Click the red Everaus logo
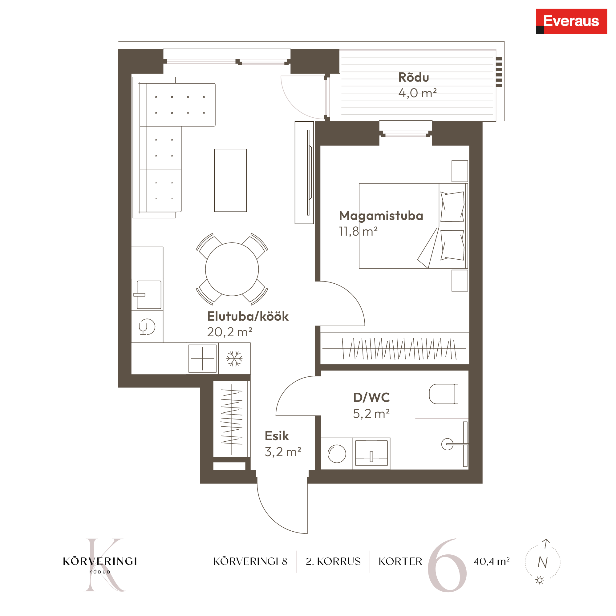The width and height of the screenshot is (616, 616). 571,21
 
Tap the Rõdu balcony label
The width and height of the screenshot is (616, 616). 414,78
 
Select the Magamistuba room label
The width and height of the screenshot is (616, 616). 381,216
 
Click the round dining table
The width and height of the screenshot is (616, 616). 232,269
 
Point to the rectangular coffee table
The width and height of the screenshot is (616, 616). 230,180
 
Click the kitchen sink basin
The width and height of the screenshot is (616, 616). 149,295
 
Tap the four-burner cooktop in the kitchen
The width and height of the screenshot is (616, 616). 202,359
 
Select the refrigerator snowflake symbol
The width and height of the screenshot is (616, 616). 234,359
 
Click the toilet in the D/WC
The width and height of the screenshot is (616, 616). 443,394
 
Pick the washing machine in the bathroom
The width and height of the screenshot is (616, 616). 337,453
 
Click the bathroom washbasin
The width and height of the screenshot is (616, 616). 371,453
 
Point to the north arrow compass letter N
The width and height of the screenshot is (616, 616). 543,562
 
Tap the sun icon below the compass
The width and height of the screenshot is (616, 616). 540,580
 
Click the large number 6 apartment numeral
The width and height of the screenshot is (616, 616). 447,565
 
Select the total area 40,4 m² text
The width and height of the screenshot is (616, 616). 492,561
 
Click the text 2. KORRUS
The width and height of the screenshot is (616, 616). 333,561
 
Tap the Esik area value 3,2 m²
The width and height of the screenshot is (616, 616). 283,452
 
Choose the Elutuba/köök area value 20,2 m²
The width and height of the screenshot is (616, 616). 229,332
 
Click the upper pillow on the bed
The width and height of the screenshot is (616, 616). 452,207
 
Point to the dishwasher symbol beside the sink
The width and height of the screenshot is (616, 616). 147,327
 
